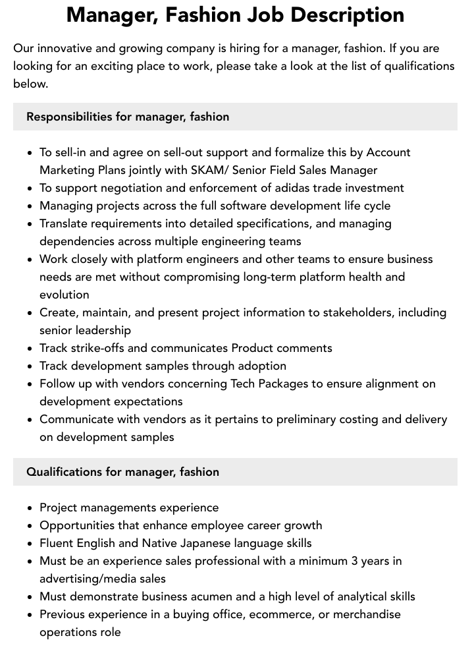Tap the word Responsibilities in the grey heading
tap(69, 117)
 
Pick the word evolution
tap(64, 295)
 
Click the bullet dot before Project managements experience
tap(30, 508)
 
